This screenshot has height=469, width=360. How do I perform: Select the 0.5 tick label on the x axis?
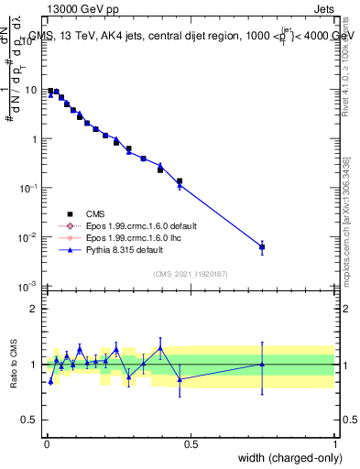(191, 443)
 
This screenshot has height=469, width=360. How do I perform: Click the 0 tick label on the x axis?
(46, 443)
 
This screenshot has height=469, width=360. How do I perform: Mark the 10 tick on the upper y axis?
(31, 90)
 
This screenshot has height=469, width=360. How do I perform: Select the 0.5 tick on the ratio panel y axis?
(30, 420)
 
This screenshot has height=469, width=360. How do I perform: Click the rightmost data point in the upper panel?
(262, 247)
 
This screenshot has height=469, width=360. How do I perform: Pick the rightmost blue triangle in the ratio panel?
(262, 364)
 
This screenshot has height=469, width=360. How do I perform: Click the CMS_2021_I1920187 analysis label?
(190, 274)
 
